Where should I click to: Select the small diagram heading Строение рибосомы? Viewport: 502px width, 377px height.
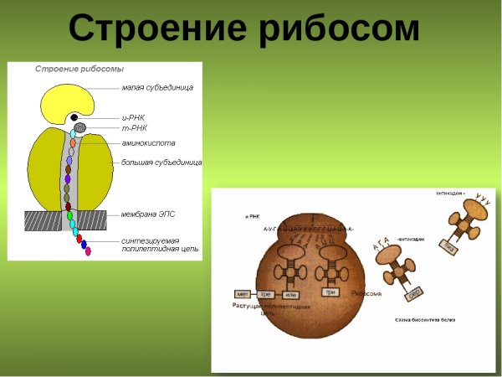[79, 68]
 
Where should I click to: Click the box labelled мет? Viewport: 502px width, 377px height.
[244, 294]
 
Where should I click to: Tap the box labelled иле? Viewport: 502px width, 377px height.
[291, 294]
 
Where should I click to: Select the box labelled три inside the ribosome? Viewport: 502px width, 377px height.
[331, 292]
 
